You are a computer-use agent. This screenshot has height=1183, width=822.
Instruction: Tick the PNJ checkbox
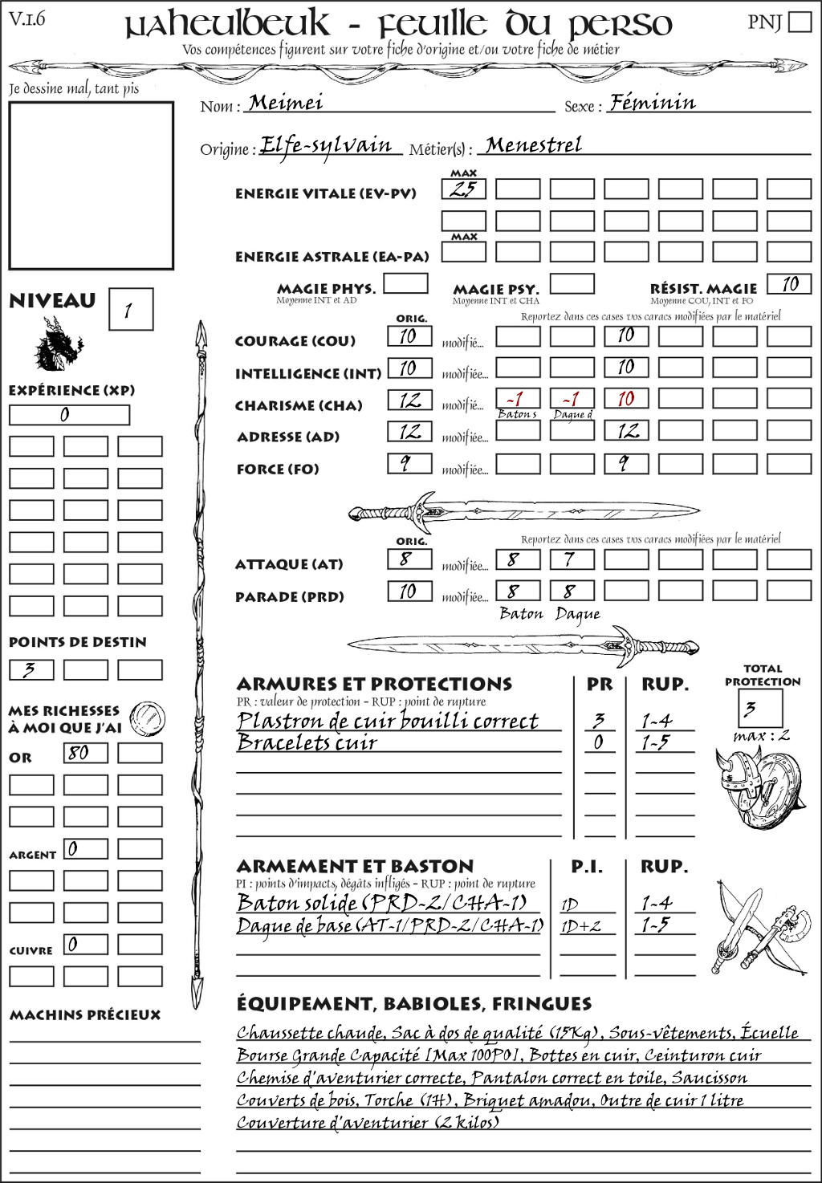click(800, 22)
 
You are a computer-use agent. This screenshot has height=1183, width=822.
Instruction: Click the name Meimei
click(285, 103)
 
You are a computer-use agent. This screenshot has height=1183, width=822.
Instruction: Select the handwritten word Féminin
click(652, 103)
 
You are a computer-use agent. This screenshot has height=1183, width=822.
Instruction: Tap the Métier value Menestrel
click(534, 145)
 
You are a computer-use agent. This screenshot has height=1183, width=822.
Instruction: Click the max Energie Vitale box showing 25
click(464, 189)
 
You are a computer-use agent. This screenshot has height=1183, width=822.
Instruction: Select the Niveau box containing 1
click(130, 310)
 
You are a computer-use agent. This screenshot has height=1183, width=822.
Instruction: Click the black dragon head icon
click(57, 344)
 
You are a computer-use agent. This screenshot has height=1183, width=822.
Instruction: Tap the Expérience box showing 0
click(69, 415)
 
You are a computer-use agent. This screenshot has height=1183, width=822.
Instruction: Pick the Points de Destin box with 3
click(31, 669)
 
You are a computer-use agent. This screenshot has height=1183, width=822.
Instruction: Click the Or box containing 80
click(85, 753)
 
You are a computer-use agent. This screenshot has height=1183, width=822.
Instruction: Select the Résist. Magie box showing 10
click(789, 284)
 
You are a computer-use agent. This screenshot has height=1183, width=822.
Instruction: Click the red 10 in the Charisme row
click(626, 399)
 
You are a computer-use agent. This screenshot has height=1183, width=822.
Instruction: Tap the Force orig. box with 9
click(409, 464)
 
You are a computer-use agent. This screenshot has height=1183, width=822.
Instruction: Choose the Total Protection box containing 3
click(759, 707)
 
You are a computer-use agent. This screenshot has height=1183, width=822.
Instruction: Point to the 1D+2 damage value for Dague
click(580, 926)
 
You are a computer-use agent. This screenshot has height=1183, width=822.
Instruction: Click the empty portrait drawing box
click(91, 185)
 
